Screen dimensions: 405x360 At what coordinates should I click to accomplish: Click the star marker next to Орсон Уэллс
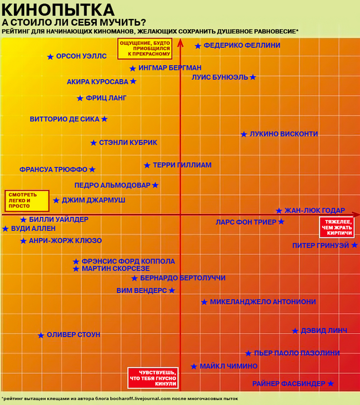click(x=50, y=57)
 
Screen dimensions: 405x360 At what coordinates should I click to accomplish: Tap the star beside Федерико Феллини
click(x=198, y=46)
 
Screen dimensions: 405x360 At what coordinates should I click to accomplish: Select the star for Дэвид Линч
click(x=295, y=331)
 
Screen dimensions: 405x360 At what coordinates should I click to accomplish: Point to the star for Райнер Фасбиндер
click(x=331, y=383)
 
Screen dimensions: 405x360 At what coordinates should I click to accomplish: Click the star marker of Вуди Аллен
click(x=5, y=229)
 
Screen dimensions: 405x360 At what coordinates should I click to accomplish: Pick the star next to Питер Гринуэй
click(x=354, y=245)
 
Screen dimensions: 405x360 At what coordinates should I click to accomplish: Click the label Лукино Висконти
click(x=283, y=134)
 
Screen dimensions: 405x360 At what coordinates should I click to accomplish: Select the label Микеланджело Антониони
click(x=263, y=302)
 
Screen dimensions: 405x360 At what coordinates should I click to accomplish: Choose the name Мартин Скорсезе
click(x=116, y=268)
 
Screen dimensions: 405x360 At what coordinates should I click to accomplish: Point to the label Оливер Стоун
click(x=74, y=335)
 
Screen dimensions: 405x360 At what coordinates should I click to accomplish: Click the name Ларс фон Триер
click(x=246, y=222)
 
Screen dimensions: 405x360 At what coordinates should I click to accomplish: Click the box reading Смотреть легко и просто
click(x=27, y=201)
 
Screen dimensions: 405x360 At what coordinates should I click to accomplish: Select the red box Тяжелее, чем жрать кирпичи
click(x=336, y=227)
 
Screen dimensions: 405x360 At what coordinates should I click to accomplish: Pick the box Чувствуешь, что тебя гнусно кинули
click(x=153, y=378)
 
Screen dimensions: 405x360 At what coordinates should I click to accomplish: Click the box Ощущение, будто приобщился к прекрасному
click(x=145, y=48)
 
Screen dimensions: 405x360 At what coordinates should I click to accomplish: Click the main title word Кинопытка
click(x=58, y=9)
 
